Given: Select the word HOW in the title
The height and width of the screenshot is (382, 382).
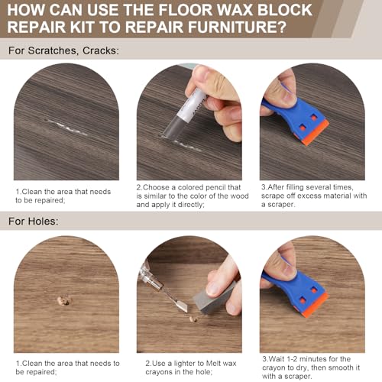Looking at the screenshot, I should click(28, 10).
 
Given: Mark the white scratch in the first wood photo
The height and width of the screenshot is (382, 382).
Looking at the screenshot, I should click(66, 125).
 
